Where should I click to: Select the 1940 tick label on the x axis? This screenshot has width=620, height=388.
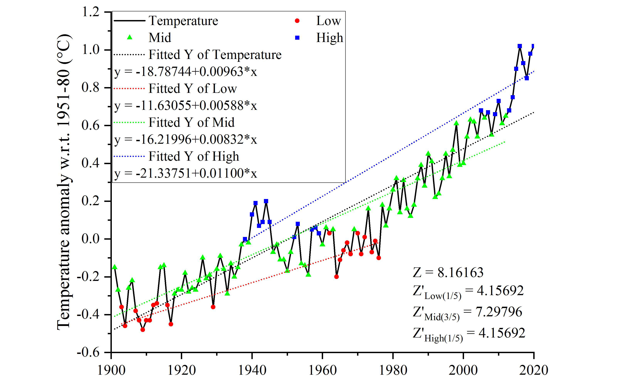click(252, 370)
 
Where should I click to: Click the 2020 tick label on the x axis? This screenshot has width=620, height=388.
click(533, 370)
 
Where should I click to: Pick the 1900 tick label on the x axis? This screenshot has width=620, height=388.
click(111, 370)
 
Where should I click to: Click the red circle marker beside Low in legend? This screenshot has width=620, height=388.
click(297, 21)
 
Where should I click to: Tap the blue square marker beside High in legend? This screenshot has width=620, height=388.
click(297, 38)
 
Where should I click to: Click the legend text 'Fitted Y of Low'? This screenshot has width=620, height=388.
click(193, 89)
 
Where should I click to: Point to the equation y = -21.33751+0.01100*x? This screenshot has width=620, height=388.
click(185, 173)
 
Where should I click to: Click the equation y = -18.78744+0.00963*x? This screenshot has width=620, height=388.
click(185, 72)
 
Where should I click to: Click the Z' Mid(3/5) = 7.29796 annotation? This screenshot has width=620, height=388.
click(467, 313)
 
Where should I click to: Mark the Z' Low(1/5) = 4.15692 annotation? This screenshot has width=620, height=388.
click(468, 292)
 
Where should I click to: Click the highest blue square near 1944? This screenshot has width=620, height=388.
click(266, 201)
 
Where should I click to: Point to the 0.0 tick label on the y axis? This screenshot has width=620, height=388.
click(90, 239)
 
